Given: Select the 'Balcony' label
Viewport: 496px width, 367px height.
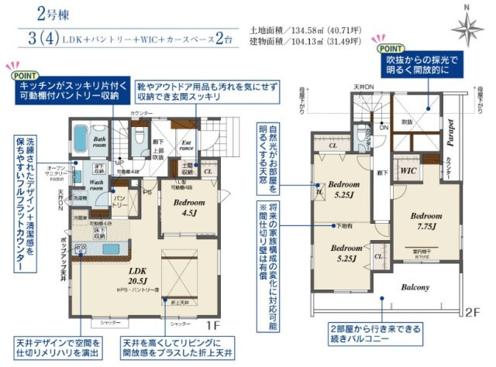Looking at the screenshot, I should (x=415, y=287).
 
